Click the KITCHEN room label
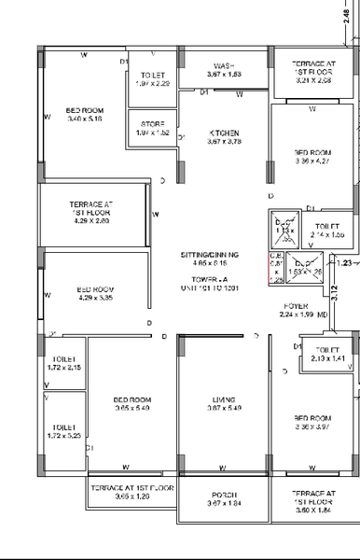point(223,133)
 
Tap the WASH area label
point(223,65)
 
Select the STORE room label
point(153,123)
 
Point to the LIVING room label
point(223,399)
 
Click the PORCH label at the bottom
point(223,495)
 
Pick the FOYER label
point(297,305)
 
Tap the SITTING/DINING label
point(210,254)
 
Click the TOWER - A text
point(210,278)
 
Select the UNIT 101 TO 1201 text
point(210,287)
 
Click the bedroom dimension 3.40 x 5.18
point(85,119)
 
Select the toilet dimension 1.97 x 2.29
point(154,83)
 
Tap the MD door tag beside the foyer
point(322,315)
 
